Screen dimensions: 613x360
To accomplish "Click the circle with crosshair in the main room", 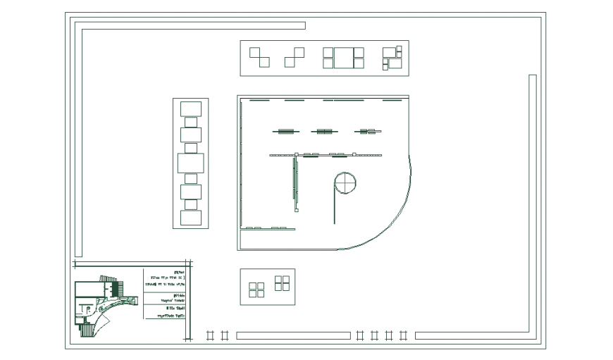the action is click(345, 182).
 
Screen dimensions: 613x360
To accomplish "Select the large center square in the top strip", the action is click(343, 58).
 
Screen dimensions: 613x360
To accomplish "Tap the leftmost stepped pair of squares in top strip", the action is click(259, 57).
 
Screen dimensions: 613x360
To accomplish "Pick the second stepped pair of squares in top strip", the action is click(294, 57).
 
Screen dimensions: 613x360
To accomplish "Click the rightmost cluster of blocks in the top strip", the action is click(392, 58).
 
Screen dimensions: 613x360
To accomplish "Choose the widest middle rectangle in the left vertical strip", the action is click(190, 163).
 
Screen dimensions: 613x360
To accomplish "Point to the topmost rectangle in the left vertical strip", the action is click(190, 108).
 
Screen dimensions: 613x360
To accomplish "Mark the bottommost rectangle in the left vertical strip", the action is click(190, 217).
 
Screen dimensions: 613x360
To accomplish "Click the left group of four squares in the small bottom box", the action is click(256, 289).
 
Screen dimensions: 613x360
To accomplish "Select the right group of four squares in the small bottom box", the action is click(282, 283).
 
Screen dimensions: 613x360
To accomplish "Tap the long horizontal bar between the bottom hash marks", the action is click(292, 336).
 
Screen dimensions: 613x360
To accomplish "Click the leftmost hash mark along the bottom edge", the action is click(209, 336).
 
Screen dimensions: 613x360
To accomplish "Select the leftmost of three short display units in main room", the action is click(286, 131).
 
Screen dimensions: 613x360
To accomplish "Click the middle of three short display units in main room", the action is click(324, 131).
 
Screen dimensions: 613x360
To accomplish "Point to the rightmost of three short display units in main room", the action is click(366, 131).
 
